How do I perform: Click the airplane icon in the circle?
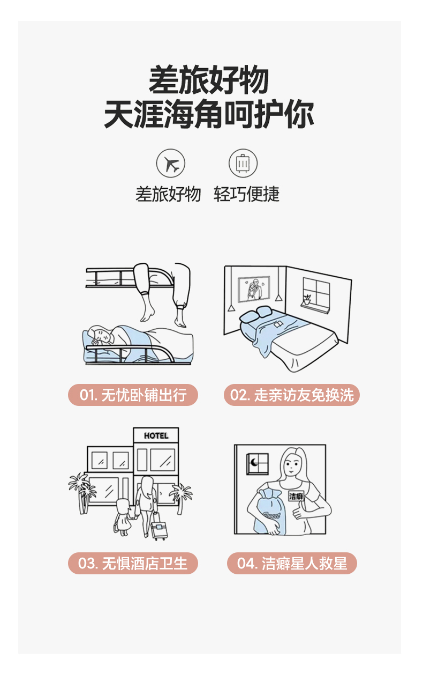(x=171, y=164)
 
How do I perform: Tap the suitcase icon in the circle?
(x=243, y=164)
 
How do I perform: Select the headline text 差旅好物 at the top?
(x=209, y=79)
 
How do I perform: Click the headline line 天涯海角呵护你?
(x=209, y=114)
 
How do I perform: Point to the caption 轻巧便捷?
(x=247, y=194)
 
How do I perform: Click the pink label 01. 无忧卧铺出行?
(x=133, y=395)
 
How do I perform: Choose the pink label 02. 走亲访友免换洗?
(x=291, y=395)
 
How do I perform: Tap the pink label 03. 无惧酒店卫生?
(x=133, y=563)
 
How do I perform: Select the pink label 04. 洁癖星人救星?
(x=292, y=563)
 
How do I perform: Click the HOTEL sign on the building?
(x=156, y=435)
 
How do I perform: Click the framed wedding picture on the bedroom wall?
(x=254, y=289)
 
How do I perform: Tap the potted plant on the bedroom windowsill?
(x=307, y=299)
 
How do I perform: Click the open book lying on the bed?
(x=278, y=324)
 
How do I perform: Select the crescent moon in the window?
(x=253, y=462)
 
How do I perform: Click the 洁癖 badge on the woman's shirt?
(x=296, y=496)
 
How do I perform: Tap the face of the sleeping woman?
(x=100, y=335)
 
